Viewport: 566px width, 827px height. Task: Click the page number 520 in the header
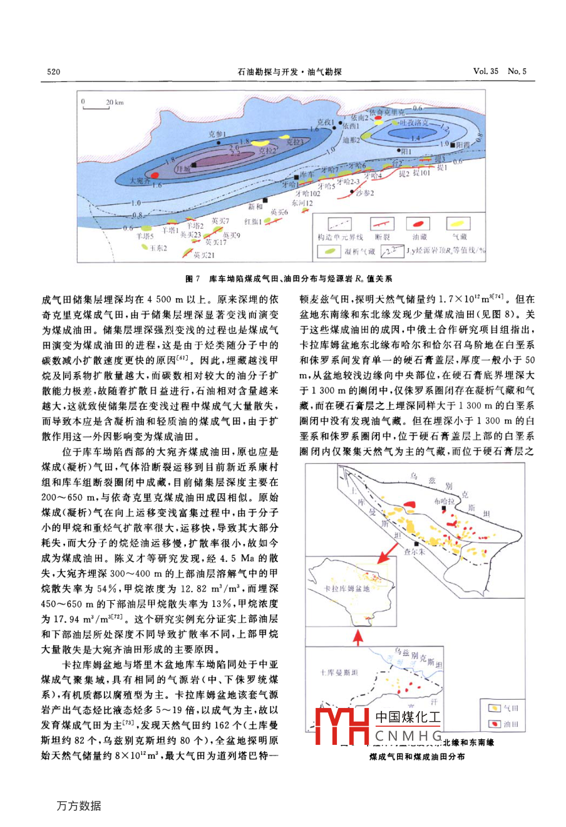[x=54, y=71]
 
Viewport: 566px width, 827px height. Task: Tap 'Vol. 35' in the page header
[x=486, y=71]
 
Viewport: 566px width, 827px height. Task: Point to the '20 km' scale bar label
[x=115, y=102]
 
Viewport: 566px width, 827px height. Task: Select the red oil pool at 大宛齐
[x=154, y=175]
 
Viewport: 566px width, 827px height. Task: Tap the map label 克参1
[x=217, y=134]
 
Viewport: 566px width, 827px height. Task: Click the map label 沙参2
[x=364, y=193]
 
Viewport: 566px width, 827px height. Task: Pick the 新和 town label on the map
[x=255, y=206]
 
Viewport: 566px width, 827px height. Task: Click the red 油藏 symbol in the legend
[x=419, y=224]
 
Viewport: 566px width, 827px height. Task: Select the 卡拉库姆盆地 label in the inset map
[x=347, y=589]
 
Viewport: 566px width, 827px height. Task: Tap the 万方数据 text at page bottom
[x=79, y=806]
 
